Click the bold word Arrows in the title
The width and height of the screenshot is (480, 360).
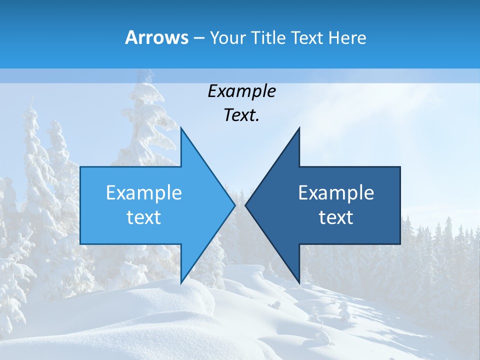point(156,37)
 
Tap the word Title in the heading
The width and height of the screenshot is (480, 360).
point(267,37)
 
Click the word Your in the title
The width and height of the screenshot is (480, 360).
point(227,37)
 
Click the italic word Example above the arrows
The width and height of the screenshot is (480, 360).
point(241,91)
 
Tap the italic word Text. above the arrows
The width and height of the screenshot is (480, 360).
point(241,115)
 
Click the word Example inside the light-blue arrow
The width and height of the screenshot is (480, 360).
point(144,193)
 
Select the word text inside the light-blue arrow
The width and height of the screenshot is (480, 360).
point(144,217)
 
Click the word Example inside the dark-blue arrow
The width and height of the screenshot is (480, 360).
point(336,193)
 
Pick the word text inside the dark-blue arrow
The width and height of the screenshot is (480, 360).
point(336,217)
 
